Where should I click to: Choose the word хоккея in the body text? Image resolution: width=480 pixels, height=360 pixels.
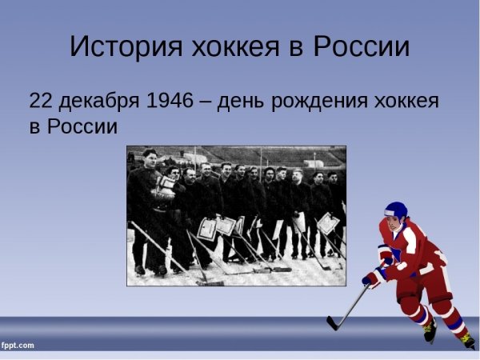point(406,102)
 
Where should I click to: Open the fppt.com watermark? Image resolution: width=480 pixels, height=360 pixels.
point(18,346)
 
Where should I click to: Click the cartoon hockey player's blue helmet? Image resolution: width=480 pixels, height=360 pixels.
point(395,210)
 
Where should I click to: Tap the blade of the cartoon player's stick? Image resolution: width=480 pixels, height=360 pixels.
point(334,323)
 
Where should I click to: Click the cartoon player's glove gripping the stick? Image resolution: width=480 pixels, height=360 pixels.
point(371,279)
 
